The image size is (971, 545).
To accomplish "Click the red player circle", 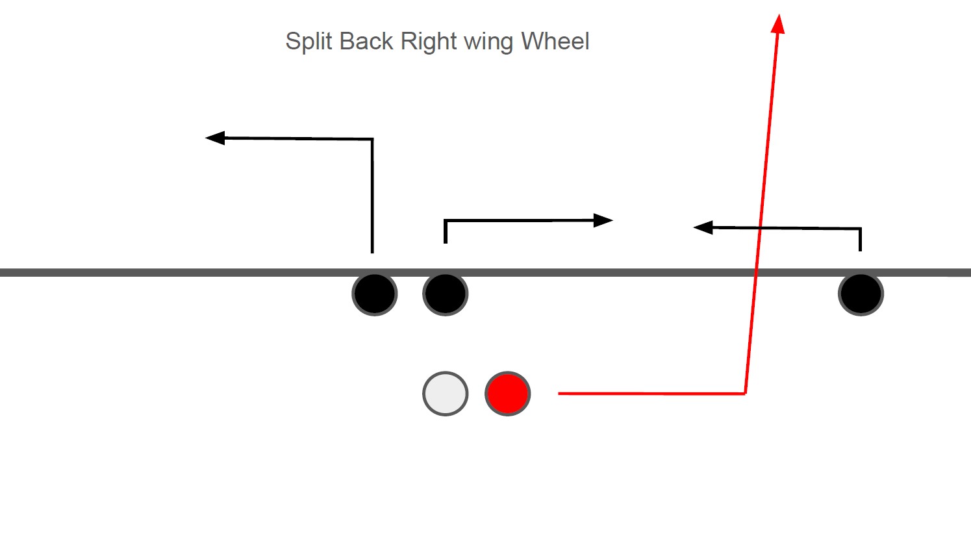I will pyautogui.click(x=508, y=394).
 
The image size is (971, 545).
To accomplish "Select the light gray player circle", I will pyautogui.click(x=446, y=394).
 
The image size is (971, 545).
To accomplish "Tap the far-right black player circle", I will pyautogui.click(x=861, y=294).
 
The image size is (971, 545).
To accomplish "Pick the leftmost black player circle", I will pyautogui.click(x=375, y=294).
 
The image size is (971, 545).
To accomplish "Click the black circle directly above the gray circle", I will pyautogui.click(x=446, y=294).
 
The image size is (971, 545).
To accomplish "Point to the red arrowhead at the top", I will pyautogui.click(x=778, y=23).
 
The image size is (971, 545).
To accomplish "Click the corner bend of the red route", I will pyautogui.click(x=745, y=393).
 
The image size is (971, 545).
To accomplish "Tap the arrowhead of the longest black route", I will pyautogui.click(x=214, y=138).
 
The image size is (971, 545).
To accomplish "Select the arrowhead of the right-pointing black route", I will pyautogui.click(x=604, y=221).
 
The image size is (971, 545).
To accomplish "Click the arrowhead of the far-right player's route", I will pyautogui.click(x=703, y=227).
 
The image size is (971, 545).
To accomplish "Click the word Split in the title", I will pyautogui.click(x=309, y=42).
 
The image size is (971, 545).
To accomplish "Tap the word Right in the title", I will pyautogui.click(x=429, y=42).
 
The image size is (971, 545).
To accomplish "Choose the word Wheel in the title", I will pyautogui.click(x=555, y=42).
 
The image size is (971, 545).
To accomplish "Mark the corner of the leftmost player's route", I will pyautogui.click(x=372, y=139).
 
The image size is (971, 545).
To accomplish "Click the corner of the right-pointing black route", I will pyautogui.click(x=446, y=222).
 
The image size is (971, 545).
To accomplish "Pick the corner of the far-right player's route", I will pyautogui.click(x=860, y=229).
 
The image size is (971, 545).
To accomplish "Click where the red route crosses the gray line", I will pyautogui.click(x=755, y=273).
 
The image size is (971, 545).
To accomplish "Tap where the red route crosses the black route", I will pyautogui.click(x=760, y=227).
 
